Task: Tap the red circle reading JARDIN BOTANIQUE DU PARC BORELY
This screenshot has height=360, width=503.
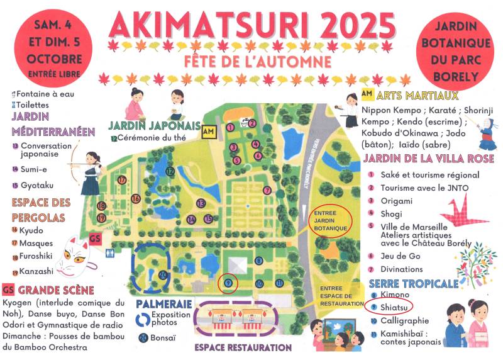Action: [x=455, y=50]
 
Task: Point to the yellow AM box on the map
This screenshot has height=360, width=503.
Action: [x=208, y=132]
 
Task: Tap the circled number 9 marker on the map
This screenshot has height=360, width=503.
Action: [x=228, y=284]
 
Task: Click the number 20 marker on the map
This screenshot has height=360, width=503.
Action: [x=163, y=274]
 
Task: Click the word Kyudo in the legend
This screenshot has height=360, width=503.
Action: [x=31, y=230]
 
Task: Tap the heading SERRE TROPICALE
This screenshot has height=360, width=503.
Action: [x=413, y=283]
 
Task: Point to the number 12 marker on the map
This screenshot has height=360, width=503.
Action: [x=170, y=171]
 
